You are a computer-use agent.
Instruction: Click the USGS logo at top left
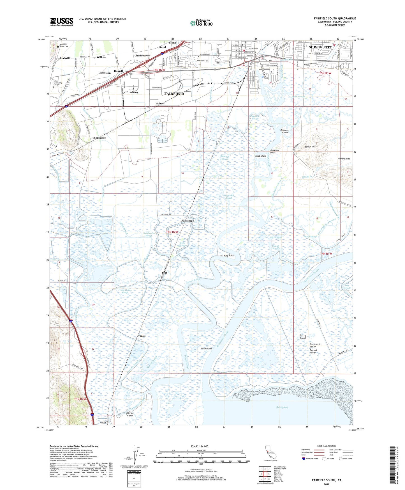tap(62, 22)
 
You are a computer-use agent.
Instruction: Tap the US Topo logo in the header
tap(202, 23)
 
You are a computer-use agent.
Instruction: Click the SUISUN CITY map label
tap(320, 47)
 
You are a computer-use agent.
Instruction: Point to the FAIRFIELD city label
tap(174, 93)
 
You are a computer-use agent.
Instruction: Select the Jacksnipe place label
tap(188, 221)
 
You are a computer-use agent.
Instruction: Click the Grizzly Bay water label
tap(282, 407)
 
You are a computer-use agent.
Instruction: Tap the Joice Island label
tap(206, 349)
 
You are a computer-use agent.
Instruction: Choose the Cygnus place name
tap(141, 336)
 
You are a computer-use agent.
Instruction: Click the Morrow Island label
tap(129, 414)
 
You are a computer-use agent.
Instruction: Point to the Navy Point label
tap(228, 256)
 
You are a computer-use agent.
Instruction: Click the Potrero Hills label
tap(344, 159)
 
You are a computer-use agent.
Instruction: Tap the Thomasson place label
tap(99, 138)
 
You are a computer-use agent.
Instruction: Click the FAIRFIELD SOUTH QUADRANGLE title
tap(335, 19)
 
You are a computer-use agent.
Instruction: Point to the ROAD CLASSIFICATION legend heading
tap(327, 446)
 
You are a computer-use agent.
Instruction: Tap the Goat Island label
tap(261, 156)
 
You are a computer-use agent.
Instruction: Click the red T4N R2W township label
tap(172, 232)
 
